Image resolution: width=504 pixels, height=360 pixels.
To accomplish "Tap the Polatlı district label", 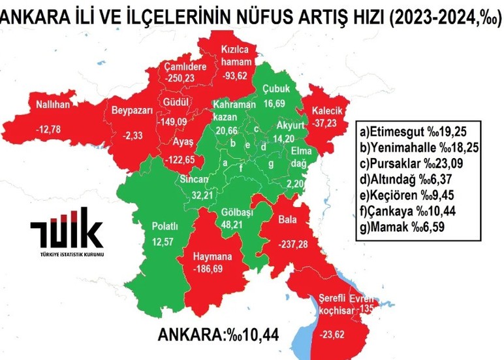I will (165, 226).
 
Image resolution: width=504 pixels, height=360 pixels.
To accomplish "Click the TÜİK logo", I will (66, 232).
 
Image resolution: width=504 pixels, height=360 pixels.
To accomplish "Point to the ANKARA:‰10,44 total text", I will (218, 335).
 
